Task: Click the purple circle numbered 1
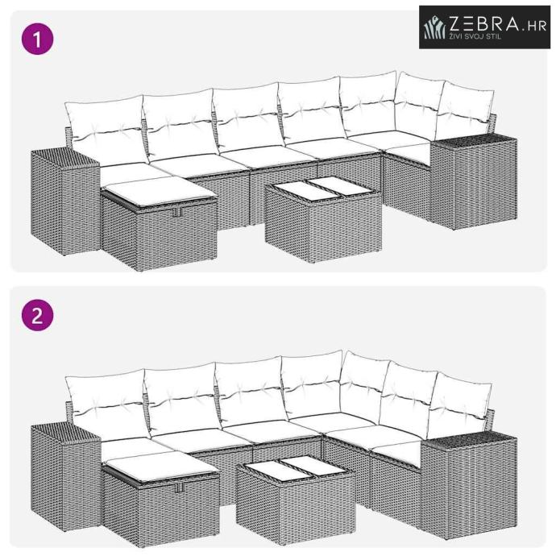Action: tap(38, 39)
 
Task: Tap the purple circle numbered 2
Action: tap(38, 315)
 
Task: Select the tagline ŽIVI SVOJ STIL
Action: tap(475, 36)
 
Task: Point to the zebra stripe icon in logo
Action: tap(435, 27)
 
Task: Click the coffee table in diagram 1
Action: tap(323, 219)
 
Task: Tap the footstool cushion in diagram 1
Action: tap(159, 192)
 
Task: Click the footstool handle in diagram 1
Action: tap(177, 212)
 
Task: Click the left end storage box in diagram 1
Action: tap(65, 201)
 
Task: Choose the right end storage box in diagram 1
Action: tap(474, 180)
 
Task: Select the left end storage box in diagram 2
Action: tap(66, 476)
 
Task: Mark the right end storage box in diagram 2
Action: tap(469, 486)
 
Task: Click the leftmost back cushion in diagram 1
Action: tap(106, 129)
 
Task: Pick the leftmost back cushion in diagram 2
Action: tap(107, 404)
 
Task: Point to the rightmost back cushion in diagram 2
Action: tap(458, 405)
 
